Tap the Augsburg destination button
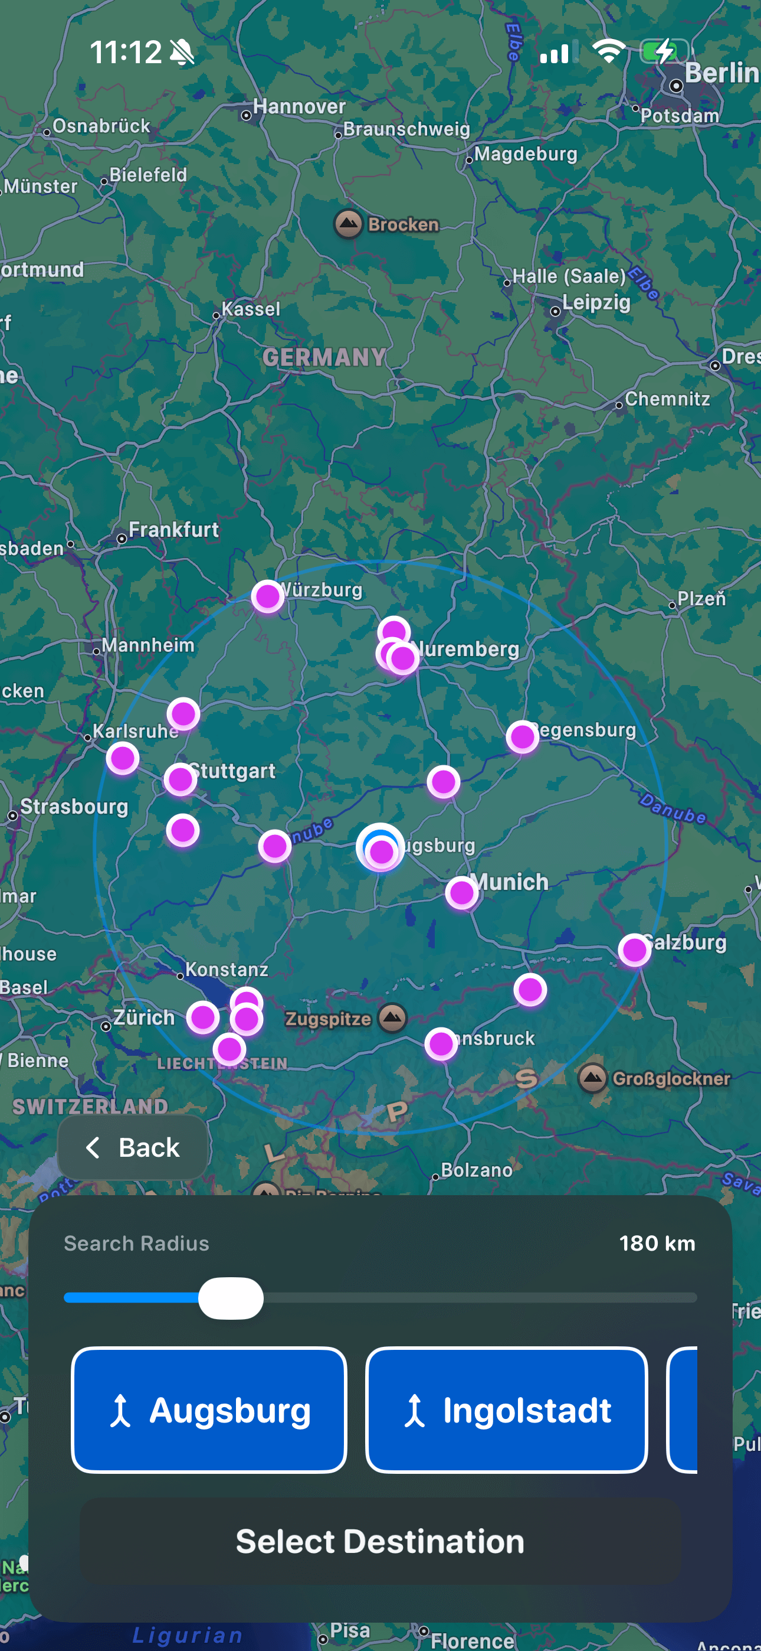pyautogui.click(x=209, y=1410)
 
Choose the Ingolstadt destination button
pyautogui.click(x=506, y=1410)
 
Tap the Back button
pyautogui.click(x=133, y=1147)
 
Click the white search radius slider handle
pyautogui.click(x=231, y=1298)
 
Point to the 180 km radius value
pyautogui.click(x=657, y=1244)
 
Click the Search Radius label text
pyautogui.click(x=136, y=1244)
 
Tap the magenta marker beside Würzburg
pyautogui.click(x=268, y=597)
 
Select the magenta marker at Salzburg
pyautogui.click(x=634, y=950)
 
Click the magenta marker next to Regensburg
pyautogui.click(x=522, y=737)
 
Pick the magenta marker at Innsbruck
pyautogui.click(x=441, y=1044)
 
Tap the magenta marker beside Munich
pyautogui.click(x=462, y=892)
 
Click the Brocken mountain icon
pyautogui.click(x=349, y=224)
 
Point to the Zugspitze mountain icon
pyautogui.click(x=392, y=1018)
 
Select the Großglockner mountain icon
pyautogui.click(x=592, y=1078)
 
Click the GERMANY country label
pyautogui.click(x=324, y=357)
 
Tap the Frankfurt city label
pyautogui.click(x=173, y=530)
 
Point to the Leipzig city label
pyautogui.click(x=596, y=302)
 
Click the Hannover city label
pyautogui.click(x=299, y=106)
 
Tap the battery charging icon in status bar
pyautogui.click(x=664, y=51)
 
